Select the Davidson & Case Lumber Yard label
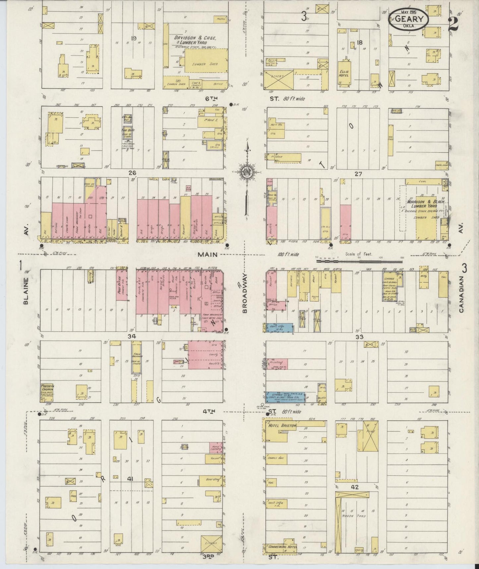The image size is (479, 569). point(195,40)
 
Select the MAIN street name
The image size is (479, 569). point(208,255)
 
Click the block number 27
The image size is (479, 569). point(358,174)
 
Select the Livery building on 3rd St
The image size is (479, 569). point(211,543)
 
